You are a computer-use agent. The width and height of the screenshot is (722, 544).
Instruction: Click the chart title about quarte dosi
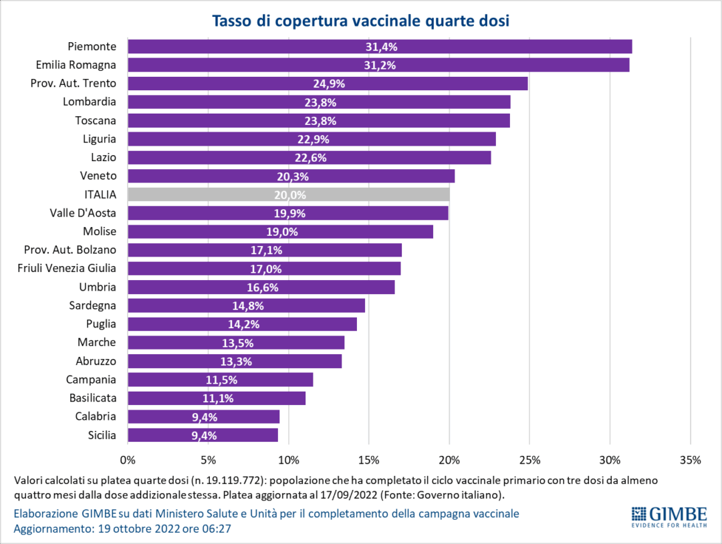tap(361, 21)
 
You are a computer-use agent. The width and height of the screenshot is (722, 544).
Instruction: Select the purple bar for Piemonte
tap(379, 47)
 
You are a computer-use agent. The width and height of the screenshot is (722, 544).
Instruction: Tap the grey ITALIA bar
tap(288, 194)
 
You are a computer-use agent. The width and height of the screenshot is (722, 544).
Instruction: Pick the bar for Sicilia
tap(203, 435)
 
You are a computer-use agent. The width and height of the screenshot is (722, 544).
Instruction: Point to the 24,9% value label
tap(329, 84)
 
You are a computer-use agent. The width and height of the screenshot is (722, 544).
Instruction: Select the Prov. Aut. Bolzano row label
tap(75, 250)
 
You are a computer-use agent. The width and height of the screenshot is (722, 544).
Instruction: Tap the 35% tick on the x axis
tap(690, 460)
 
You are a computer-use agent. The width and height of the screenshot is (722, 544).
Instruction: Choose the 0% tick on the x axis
tap(128, 460)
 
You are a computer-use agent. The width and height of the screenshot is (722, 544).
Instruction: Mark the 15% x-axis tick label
tap(369, 460)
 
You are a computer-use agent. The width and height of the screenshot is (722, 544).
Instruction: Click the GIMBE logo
tap(669, 517)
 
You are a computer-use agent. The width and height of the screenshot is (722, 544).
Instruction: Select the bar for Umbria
tap(261, 287)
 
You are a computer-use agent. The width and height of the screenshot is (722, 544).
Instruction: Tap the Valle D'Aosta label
tap(83, 213)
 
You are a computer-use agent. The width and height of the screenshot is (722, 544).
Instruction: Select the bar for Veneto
tap(291, 176)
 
